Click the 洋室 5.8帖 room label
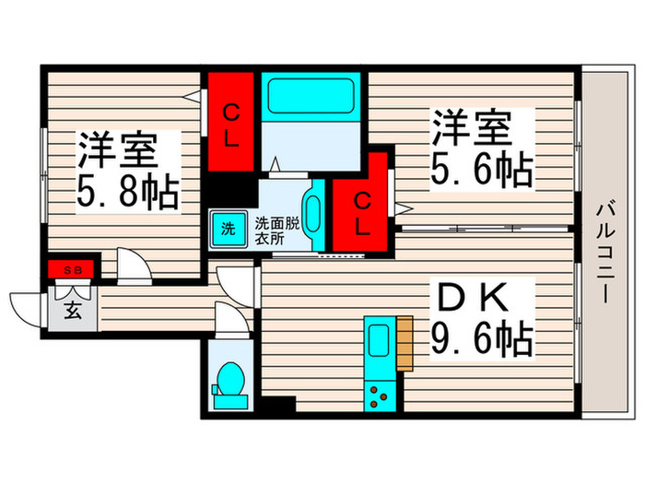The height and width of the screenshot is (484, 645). click(127, 171)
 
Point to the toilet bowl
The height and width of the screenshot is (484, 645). click(228, 379)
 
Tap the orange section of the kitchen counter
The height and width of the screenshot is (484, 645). click(403, 344)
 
